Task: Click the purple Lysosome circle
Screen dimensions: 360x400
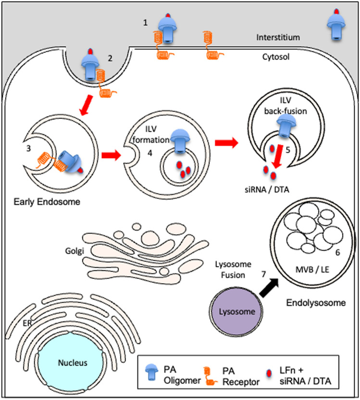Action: point(236,311)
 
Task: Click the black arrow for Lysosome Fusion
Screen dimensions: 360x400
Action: point(269,287)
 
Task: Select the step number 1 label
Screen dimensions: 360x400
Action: point(145,23)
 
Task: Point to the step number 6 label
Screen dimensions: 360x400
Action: point(337,252)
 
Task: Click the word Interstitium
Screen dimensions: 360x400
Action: point(278,37)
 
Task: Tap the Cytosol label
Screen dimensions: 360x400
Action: point(276,57)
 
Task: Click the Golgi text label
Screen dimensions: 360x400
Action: point(74,251)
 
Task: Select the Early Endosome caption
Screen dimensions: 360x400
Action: point(47,202)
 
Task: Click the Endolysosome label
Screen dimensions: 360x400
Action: point(316,303)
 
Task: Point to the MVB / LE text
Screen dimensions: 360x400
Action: point(312,269)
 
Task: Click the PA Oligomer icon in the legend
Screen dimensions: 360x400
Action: point(151,372)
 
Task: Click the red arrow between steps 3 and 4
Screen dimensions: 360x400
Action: point(111,155)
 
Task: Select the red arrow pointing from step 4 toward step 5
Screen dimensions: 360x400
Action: point(226,143)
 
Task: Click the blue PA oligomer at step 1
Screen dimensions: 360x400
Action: point(167,28)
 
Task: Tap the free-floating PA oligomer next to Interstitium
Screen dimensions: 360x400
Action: point(336,25)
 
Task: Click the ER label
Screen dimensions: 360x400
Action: point(27,323)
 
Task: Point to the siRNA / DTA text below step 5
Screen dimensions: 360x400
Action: point(267,190)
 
